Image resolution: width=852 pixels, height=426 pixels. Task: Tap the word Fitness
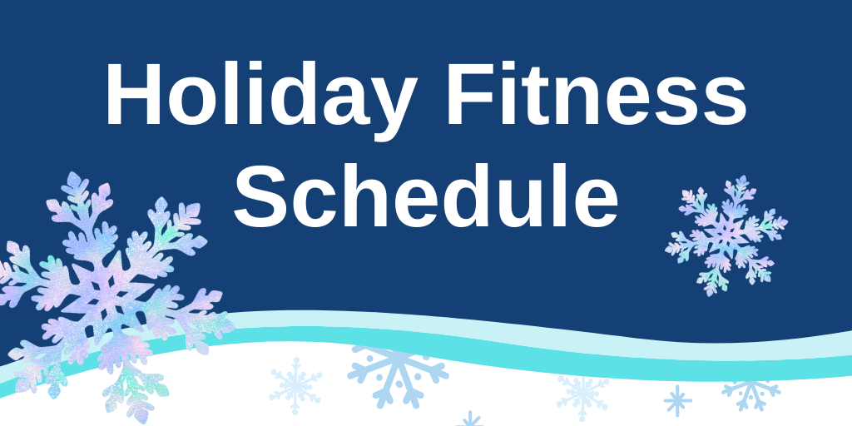pyautogui.click(x=596, y=93)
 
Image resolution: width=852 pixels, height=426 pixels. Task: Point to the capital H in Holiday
pyautogui.click(x=134, y=93)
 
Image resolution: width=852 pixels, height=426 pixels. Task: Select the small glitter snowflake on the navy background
pyautogui.click(x=726, y=235)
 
